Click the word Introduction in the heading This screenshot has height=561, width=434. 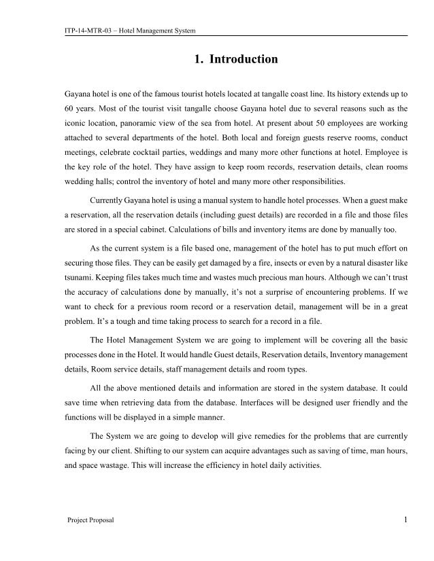[244, 60]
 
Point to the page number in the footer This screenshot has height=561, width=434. [405, 520]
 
